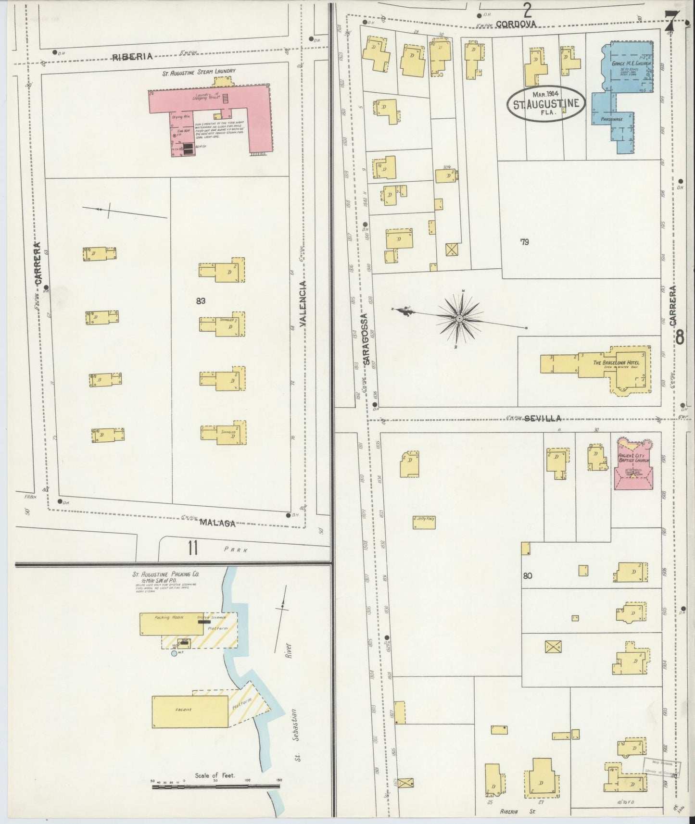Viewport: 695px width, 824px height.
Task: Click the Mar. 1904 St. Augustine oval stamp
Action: tap(546, 102)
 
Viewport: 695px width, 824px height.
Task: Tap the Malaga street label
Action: tap(217, 523)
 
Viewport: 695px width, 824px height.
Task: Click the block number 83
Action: tap(201, 301)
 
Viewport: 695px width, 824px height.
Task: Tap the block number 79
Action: tap(524, 242)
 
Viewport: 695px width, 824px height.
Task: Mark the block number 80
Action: tap(528, 575)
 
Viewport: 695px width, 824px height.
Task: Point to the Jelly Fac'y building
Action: tap(424, 522)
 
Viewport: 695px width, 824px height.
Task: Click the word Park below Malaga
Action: tap(238, 549)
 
